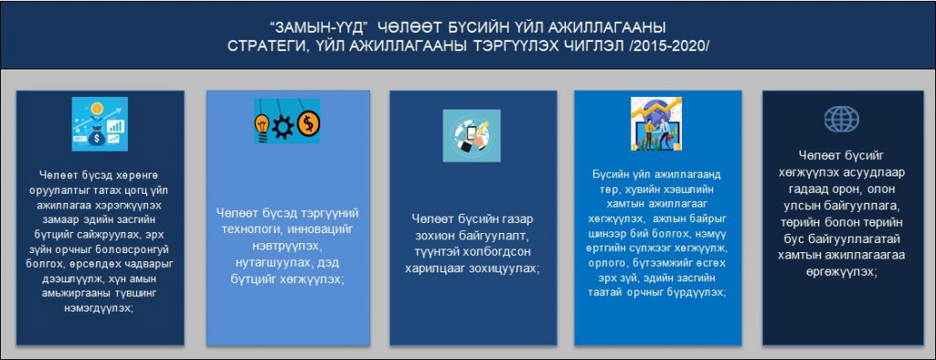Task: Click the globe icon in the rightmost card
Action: (842, 120)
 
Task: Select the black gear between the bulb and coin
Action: (283, 126)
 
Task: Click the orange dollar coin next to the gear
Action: (309, 123)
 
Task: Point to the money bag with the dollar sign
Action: (96, 136)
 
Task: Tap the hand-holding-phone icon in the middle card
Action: (471, 135)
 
